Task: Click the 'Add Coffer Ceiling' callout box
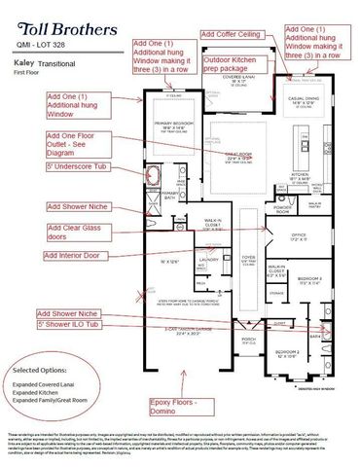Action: (x=235, y=34)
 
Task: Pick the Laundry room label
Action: (x=206, y=260)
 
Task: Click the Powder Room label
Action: (x=256, y=182)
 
